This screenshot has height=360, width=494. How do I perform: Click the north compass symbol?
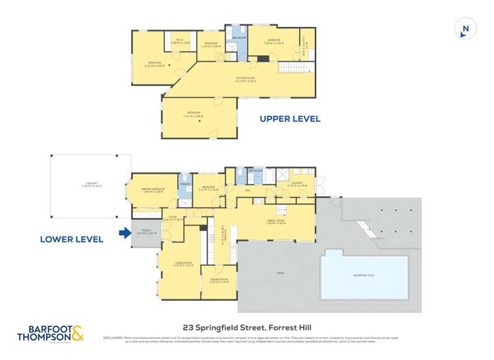465,28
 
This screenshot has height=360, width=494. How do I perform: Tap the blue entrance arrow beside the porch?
124,232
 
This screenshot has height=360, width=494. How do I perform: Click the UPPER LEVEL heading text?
290,119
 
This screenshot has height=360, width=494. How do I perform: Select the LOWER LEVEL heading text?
72,240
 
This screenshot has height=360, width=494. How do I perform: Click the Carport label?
87,185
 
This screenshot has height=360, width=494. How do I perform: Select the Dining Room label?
218,280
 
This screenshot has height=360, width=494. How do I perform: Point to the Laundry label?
296,184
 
